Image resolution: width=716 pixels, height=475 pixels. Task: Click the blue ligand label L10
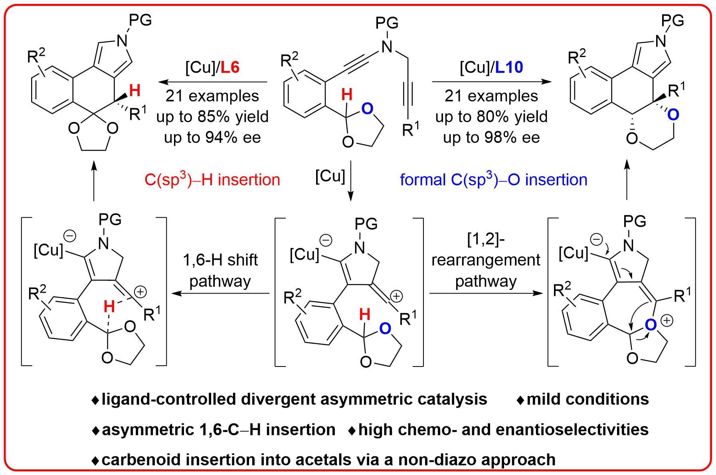509,68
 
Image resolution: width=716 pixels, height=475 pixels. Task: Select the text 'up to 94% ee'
212,138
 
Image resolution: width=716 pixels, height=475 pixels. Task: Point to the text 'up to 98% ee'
491,138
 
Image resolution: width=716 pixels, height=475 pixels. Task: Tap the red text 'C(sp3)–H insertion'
212,179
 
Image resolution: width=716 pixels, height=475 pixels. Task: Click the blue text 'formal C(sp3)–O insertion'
493,179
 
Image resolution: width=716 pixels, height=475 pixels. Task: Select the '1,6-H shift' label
220,260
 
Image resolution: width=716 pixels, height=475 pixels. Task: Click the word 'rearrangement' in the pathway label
486,260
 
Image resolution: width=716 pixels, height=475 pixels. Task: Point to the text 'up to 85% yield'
212,117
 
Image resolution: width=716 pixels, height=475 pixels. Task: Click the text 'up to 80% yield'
491,117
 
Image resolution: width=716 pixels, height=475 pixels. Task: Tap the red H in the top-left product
135,91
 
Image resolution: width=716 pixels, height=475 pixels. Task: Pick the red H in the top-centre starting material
347,95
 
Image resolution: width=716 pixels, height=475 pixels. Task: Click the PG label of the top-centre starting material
387,23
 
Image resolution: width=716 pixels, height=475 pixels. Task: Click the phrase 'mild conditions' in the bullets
587,399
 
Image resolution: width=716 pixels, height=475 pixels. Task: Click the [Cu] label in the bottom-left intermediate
48,250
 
